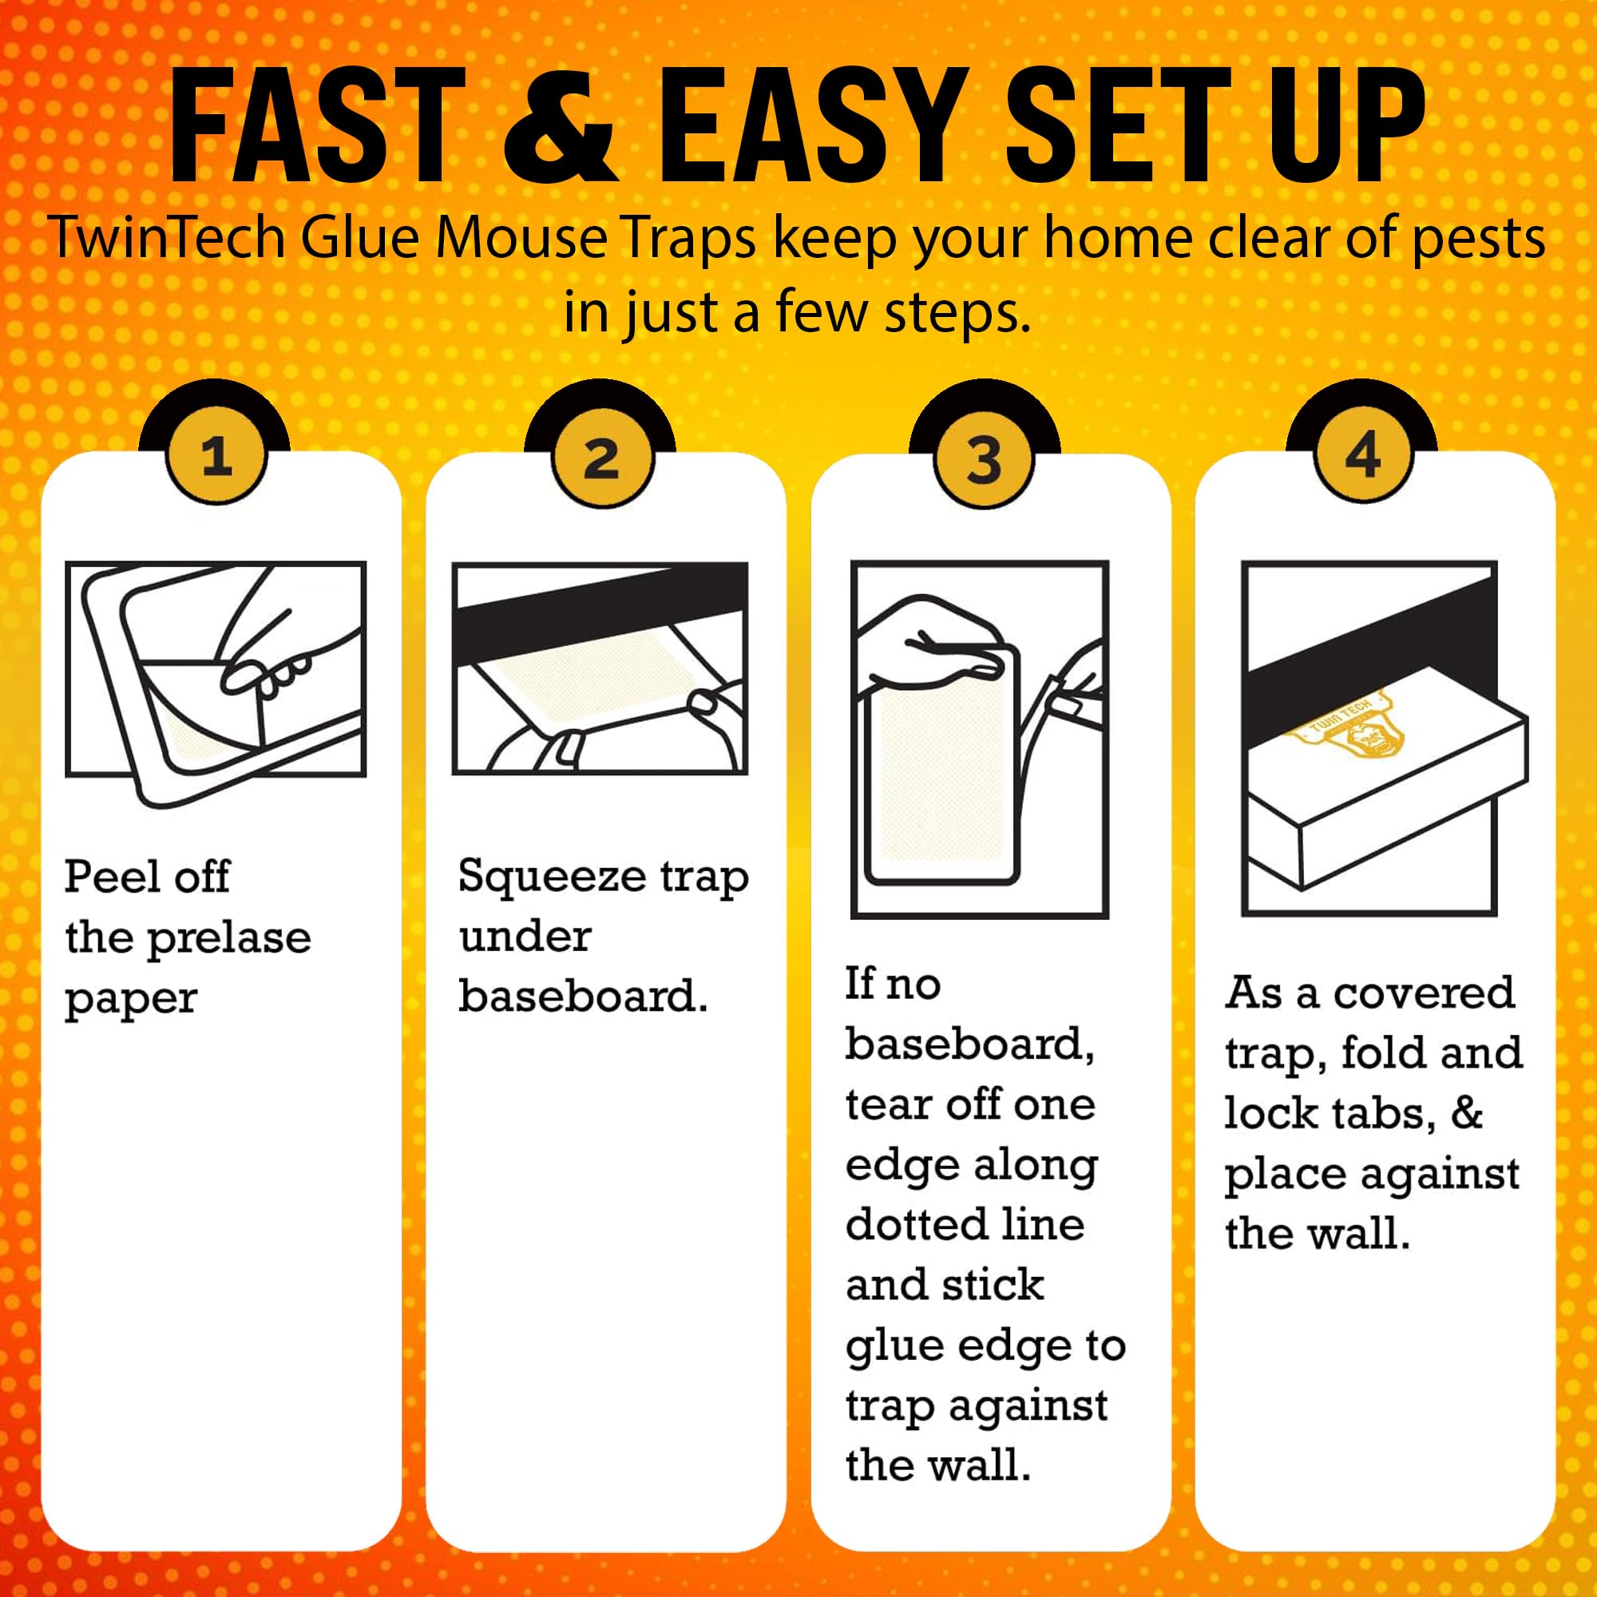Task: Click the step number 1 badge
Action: click(216, 455)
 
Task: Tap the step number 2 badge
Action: click(601, 457)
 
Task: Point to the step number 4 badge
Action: click(1362, 454)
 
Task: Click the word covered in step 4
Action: click(1425, 993)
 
